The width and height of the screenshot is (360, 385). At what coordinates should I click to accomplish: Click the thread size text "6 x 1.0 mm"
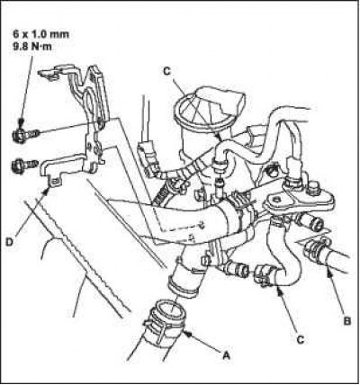click(40, 34)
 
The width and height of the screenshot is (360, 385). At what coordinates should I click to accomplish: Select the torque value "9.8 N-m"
click(32, 47)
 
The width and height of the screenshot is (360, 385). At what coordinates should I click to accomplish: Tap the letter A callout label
click(226, 355)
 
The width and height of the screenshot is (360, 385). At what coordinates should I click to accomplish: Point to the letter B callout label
click(346, 321)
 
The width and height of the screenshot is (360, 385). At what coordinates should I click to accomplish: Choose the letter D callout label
click(9, 242)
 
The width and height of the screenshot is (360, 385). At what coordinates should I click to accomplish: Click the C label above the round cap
click(166, 71)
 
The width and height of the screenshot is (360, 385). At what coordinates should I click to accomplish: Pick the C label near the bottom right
click(300, 339)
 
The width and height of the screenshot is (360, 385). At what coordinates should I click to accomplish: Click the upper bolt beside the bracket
click(24, 136)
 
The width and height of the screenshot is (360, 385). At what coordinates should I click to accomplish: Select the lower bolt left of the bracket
click(24, 165)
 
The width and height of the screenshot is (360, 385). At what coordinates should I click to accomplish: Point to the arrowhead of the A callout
click(186, 333)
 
